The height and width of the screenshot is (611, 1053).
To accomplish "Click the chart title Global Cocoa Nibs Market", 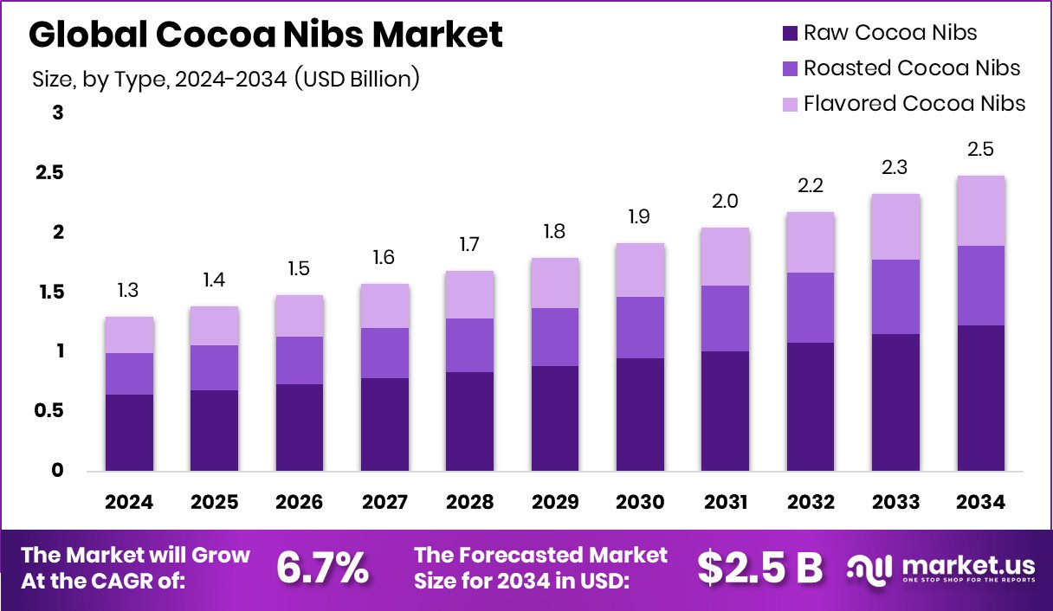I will tap(266, 35).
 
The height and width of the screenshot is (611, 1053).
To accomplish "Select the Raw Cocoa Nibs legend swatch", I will tap(789, 34).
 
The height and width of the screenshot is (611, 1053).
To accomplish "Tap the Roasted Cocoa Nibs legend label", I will tap(912, 68).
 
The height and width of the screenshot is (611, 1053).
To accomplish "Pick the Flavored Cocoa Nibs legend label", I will tap(914, 104).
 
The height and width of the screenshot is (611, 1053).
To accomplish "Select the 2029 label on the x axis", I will tap(555, 503).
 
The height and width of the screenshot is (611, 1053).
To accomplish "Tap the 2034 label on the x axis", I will tap(980, 503).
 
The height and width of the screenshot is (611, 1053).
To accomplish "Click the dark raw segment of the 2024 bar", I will tap(130, 433).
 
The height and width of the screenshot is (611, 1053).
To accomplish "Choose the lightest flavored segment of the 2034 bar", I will tap(980, 210).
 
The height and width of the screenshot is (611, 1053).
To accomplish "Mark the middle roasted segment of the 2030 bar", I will tap(640, 327).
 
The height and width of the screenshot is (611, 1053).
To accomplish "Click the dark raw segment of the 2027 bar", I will tap(384, 424).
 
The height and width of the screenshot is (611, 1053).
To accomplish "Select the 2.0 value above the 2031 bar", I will tap(725, 202).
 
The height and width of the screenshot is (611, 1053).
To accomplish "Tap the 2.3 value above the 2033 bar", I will tap(895, 167).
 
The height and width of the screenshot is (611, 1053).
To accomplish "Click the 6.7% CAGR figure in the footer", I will tap(322, 568).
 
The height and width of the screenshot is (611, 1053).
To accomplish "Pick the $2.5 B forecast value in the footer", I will tap(759, 568).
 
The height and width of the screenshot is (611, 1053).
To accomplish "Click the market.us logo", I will tap(942, 568).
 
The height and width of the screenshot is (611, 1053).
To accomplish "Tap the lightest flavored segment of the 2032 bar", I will tap(810, 242).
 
